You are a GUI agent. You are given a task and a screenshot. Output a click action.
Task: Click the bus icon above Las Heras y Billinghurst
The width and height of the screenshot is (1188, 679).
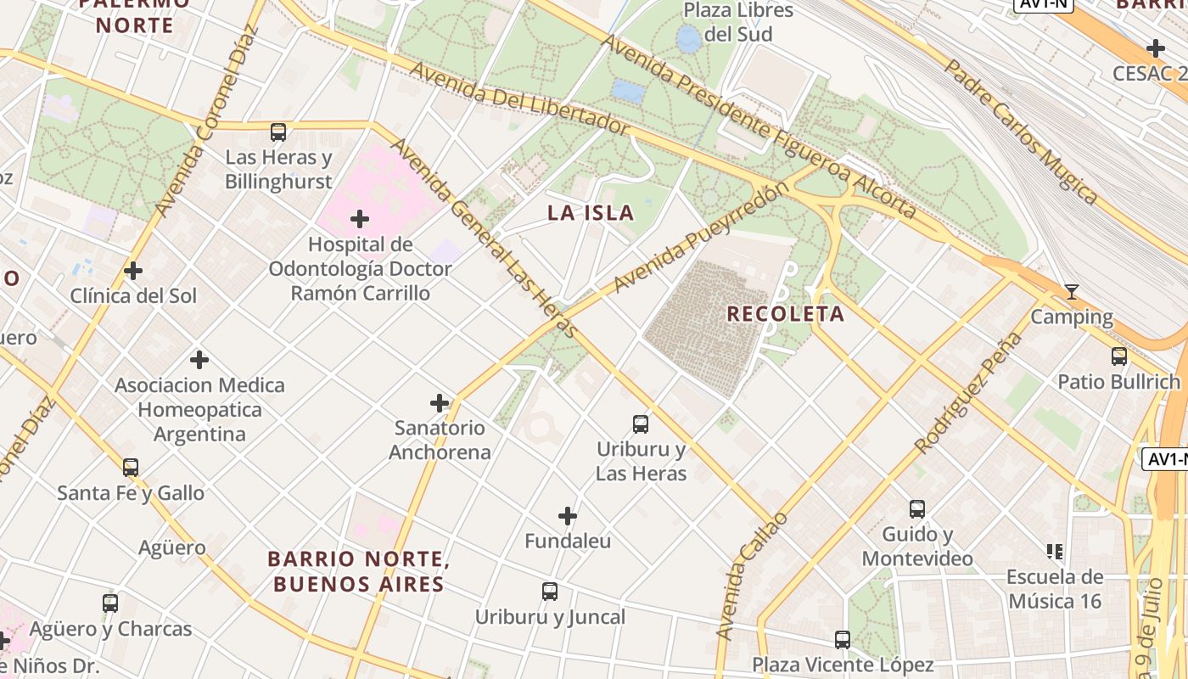[x=278, y=132]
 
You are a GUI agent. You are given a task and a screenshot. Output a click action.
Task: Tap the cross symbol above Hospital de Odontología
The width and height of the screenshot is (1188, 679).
[x=360, y=220]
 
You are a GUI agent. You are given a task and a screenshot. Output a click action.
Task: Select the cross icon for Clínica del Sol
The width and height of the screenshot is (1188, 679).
[x=133, y=272]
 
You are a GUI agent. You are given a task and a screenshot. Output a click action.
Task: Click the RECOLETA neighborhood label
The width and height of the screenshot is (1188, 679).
[x=786, y=314]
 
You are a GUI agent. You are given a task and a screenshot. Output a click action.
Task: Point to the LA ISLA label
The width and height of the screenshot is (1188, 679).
[x=591, y=213]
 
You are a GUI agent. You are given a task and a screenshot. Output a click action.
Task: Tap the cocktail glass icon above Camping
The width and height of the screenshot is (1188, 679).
[x=1072, y=293]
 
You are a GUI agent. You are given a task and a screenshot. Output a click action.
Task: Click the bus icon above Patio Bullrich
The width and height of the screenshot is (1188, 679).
[x=1119, y=356]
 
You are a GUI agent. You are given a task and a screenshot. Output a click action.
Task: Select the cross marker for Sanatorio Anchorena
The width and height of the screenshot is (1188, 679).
[x=440, y=403]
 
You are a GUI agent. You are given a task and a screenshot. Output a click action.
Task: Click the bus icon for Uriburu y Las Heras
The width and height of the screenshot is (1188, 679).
[x=641, y=424]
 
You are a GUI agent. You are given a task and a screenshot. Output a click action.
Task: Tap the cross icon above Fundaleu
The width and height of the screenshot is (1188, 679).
[x=568, y=516]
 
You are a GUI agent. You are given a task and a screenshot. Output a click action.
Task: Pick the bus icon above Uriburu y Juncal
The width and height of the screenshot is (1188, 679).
[x=550, y=592]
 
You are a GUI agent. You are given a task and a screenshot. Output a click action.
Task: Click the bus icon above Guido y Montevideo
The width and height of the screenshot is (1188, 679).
[x=917, y=509]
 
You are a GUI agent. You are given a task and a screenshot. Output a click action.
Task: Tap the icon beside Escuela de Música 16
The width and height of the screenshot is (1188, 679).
[x=1055, y=553]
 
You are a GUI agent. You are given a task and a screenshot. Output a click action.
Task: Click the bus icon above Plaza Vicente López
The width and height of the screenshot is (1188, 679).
[x=842, y=640]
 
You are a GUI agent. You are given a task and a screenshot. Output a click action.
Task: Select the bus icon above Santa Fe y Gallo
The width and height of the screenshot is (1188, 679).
[x=131, y=468]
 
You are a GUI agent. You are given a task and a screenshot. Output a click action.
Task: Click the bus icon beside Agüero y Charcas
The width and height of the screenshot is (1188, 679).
[x=110, y=603]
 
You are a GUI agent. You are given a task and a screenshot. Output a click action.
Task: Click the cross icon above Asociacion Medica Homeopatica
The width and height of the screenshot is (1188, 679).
[x=199, y=360]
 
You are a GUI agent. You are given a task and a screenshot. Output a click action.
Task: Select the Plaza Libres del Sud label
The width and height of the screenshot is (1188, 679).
[x=738, y=22]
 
